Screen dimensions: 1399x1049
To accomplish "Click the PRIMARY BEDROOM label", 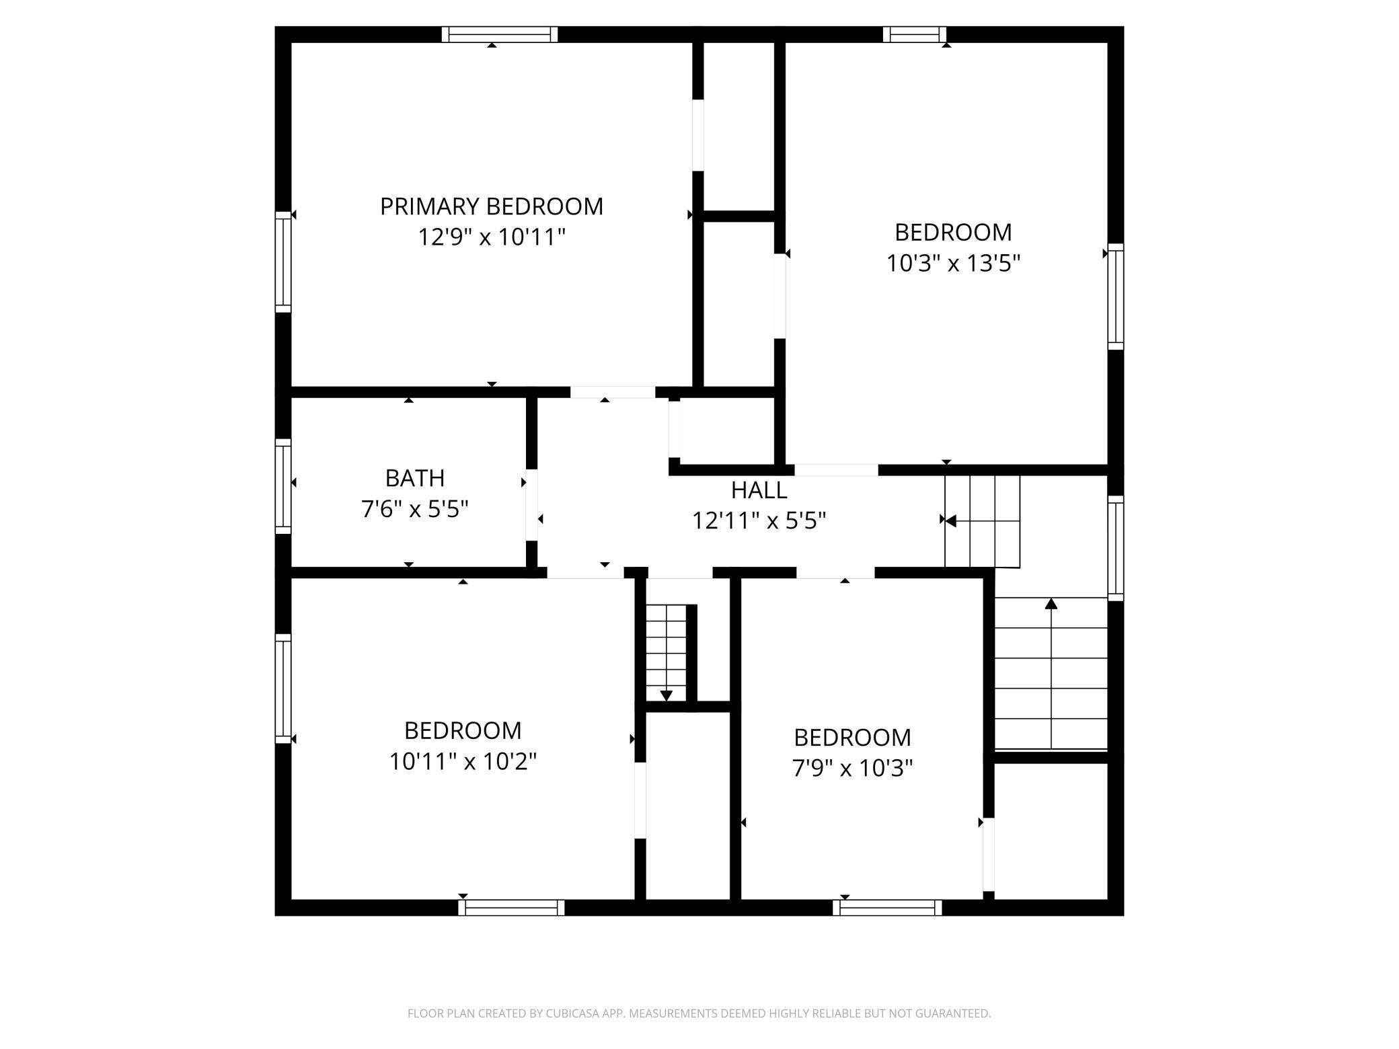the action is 492,206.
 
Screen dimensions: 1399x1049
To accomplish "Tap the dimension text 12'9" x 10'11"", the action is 492,237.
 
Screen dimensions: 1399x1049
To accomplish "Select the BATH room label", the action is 415,478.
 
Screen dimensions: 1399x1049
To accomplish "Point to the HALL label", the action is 759,490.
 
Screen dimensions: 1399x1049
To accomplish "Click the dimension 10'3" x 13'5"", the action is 953,263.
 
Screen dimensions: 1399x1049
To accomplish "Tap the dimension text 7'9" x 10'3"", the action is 852,768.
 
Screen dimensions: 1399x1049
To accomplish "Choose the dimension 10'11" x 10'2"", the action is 463,761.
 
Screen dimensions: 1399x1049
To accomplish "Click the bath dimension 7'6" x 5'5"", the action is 415,509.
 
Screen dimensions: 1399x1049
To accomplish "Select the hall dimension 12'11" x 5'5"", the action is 759,520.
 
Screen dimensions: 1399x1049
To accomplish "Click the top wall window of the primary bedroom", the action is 500,34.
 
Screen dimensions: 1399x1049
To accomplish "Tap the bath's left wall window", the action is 283,486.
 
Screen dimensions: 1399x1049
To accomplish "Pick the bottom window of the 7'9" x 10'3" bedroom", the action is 887,908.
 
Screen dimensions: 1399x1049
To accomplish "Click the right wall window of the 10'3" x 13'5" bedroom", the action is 1116,297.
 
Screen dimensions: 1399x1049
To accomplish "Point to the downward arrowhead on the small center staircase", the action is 667,696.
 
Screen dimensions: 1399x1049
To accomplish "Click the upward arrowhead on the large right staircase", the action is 1051,603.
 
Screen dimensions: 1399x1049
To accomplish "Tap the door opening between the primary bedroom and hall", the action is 613,392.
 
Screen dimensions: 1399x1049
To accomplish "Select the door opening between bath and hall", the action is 531,504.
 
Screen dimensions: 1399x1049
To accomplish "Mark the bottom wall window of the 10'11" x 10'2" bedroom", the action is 511,908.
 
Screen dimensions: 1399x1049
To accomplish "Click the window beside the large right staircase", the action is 1116,548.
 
